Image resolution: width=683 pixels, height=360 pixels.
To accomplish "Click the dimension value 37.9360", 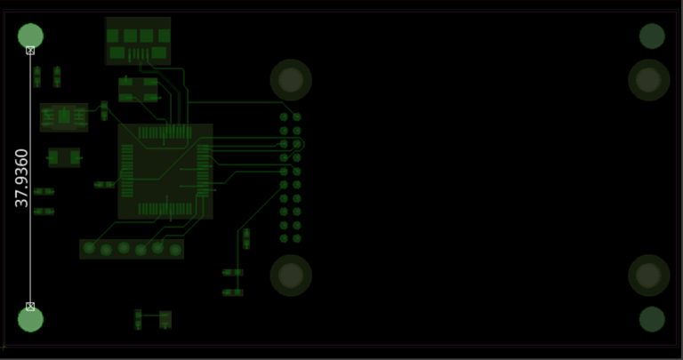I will pos(22,178).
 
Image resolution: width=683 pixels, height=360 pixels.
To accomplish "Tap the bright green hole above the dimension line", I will pos(30,36).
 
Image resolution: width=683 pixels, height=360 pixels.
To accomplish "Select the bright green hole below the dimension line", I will pos(30,320).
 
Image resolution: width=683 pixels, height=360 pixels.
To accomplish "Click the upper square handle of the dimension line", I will pos(30,51).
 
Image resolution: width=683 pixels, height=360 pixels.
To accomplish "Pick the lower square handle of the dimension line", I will pos(30,306).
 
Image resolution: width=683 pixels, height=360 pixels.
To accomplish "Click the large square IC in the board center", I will pos(165,172).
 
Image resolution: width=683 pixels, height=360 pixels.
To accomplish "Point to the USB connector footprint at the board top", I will pos(138,41).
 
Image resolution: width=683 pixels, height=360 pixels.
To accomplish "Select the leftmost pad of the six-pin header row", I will pos(89,248).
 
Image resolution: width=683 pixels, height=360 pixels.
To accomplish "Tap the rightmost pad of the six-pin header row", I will pos(175,248).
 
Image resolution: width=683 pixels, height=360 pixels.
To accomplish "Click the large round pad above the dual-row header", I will pos(291,81).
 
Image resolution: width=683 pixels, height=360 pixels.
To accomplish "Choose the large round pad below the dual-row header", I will pos(291,276).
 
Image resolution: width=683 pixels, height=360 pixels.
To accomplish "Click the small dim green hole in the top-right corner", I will pos(652,36).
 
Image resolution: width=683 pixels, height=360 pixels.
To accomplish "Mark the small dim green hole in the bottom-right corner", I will pos(652,319).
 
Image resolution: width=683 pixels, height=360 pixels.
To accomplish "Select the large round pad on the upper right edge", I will pos(648,80).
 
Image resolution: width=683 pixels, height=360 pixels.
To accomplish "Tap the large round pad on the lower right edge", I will pos(648,276).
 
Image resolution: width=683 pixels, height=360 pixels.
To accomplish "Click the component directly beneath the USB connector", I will pos(139,89).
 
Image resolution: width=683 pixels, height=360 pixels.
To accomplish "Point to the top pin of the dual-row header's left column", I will pos(285,117).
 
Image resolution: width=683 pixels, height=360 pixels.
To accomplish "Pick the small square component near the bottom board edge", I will pos(165,318).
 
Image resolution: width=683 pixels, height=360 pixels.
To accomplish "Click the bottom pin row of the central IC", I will pos(165,210).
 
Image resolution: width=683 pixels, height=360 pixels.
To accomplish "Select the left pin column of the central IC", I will pos(126,171).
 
